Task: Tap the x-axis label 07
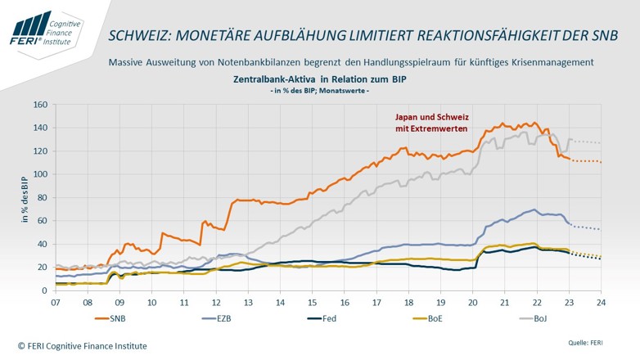55,302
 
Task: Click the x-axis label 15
312,302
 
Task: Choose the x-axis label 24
602,302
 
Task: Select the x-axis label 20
473,302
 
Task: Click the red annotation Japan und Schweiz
430,117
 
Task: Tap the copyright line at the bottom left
82,346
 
